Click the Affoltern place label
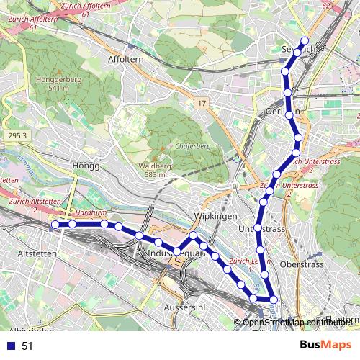[126, 59]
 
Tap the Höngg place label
[84, 166]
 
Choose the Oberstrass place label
[303, 264]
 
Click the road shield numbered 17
[201, 104]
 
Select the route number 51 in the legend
[27, 346]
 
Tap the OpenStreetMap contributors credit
[295, 322]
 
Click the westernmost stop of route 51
[55, 225]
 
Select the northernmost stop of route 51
[305, 41]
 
